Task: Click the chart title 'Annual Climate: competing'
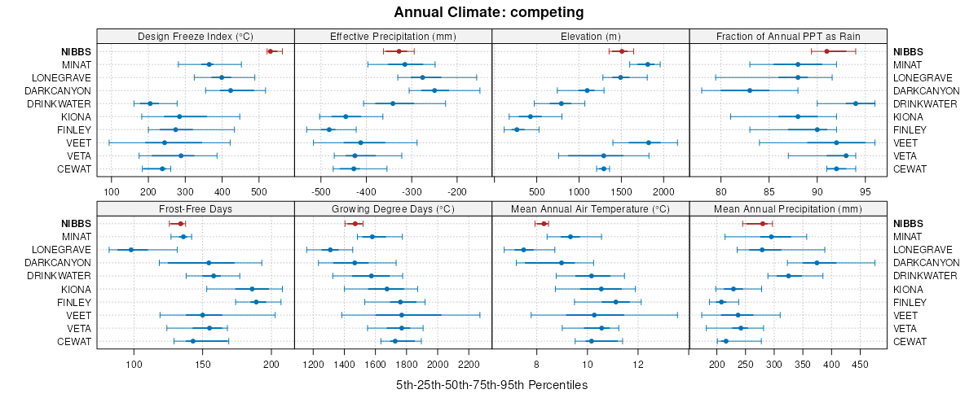(488, 12)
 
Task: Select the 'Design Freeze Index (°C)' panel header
(196, 36)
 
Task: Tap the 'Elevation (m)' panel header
(591, 36)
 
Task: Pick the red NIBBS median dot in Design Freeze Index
(271, 51)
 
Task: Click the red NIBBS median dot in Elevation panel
(622, 51)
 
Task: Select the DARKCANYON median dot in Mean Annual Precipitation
(817, 262)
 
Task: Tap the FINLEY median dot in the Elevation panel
(517, 129)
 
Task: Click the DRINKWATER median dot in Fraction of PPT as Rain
(856, 103)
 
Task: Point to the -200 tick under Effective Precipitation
(457, 191)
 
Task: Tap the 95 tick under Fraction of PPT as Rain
(866, 191)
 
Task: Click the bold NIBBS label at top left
(75, 51)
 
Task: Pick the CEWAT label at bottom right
(908, 341)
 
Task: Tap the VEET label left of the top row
(79, 142)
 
